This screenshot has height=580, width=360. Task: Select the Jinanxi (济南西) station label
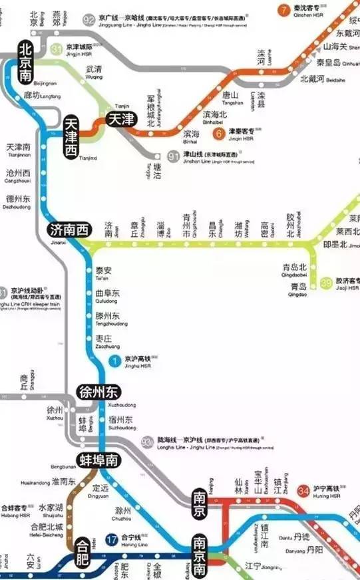pyautogui.click(x=69, y=231)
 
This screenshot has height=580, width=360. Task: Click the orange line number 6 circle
pyautogui.click(x=218, y=134)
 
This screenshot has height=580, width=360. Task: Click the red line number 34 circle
pyautogui.click(x=303, y=491)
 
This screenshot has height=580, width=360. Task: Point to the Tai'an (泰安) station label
pyautogui.click(x=104, y=271)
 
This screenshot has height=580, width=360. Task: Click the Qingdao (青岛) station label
pyautogui.click(x=298, y=287)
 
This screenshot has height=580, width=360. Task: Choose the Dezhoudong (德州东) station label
pyautogui.click(x=19, y=199)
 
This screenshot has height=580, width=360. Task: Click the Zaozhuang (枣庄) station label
pyautogui.click(x=104, y=339)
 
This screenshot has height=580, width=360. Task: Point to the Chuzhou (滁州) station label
pyautogui.click(x=123, y=511)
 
